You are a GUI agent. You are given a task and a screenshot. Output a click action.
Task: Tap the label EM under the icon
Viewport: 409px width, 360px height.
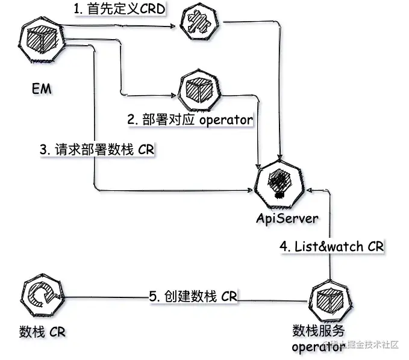[x=41, y=88]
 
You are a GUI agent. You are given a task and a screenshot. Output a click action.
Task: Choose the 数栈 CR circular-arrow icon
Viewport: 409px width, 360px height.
[x=40, y=297]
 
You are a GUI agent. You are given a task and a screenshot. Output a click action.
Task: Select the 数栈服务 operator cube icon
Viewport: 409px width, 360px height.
[x=330, y=299]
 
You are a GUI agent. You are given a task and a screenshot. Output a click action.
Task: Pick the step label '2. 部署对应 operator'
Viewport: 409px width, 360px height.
[x=190, y=119]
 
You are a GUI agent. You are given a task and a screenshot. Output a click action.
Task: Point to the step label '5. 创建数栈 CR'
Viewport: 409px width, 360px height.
[x=193, y=296]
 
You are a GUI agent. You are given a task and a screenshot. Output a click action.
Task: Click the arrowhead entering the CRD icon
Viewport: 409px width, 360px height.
[x=176, y=26]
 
